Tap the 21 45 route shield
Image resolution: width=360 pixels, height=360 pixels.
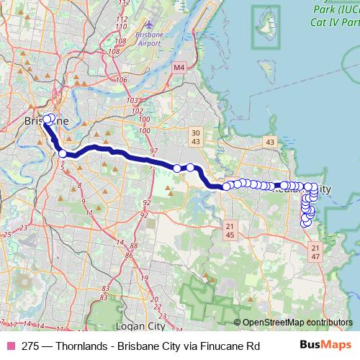(x=230, y=230)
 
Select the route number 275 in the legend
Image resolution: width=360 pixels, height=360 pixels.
(x=30, y=346)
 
